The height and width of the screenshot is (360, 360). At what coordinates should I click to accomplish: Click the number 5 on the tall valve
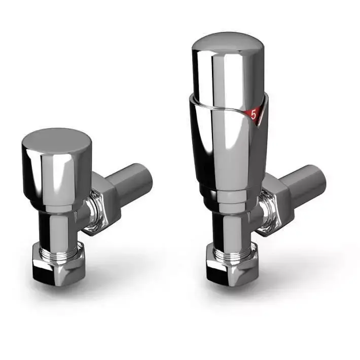pyautogui.click(x=254, y=115)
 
